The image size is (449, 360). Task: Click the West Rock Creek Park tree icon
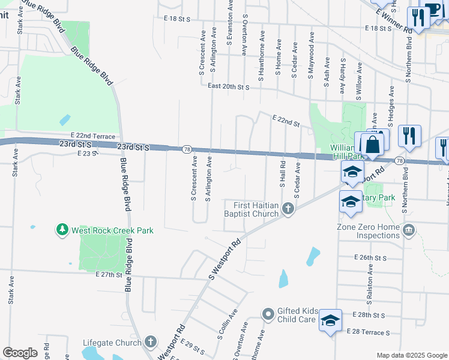(x=62, y=230)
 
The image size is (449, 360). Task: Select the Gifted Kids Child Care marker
(x=268, y=314)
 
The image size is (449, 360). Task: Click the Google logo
(x=20, y=353)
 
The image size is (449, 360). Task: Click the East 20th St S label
(x=228, y=86)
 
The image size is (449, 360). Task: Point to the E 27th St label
(x=109, y=274)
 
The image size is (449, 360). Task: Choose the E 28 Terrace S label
(x=368, y=332)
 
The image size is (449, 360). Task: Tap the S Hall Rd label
(x=282, y=172)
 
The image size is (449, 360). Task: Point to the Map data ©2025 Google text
(x=411, y=355)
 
